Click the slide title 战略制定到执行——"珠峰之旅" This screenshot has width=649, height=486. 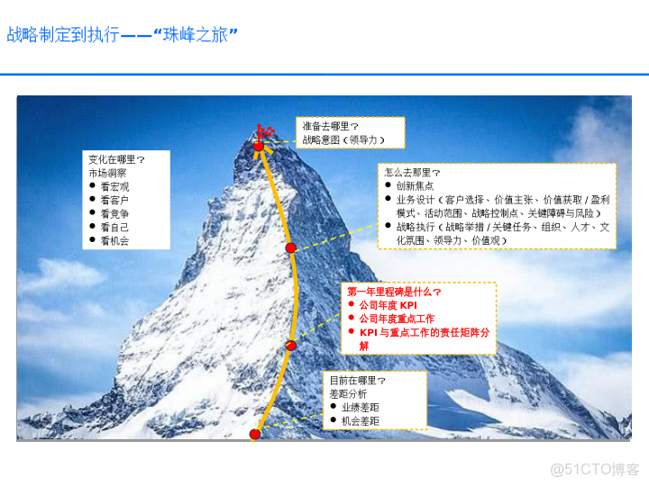(123, 37)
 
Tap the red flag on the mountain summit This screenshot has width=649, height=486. (263, 131)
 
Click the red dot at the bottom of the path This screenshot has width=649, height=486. (255, 434)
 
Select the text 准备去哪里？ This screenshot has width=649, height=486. (330, 127)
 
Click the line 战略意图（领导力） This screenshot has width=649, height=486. (344, 140)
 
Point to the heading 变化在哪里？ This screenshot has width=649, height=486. (116, 158)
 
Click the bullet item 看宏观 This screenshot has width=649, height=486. (114, 186)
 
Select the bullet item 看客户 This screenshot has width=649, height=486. (114, 200)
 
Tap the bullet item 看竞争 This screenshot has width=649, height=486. (114, 213)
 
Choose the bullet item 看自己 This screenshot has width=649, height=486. (114, 228)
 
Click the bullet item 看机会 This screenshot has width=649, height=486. (114, 241)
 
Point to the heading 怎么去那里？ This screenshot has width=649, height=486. (412, 172)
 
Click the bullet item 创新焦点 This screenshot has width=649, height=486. (414, 185)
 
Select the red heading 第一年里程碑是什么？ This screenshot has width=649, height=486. (395, 292)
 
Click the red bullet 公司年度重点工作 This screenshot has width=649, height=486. (397, 319)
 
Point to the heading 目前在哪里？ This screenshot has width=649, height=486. (357, 381)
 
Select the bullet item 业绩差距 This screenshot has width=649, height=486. (361, 408)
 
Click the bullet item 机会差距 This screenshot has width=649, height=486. (361, 421)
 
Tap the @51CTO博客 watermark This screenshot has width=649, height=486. (595, 469)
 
